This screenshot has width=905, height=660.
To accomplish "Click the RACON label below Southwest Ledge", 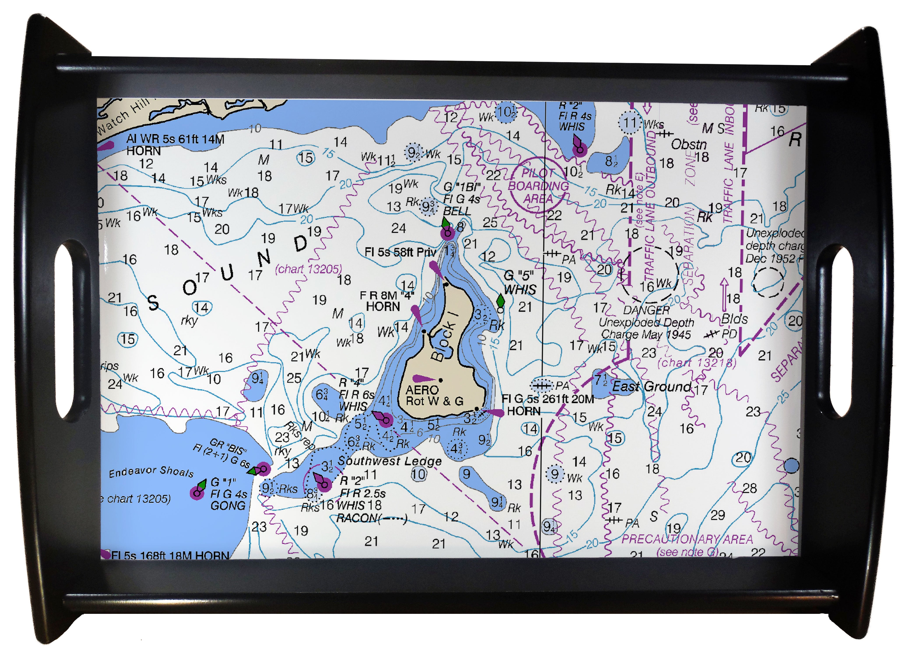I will pos(372,518).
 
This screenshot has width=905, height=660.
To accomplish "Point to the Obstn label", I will pos(688,144).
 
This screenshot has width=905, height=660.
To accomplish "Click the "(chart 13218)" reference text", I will pos(696,363).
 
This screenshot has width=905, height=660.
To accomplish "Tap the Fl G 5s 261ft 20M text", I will pos(547,399).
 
